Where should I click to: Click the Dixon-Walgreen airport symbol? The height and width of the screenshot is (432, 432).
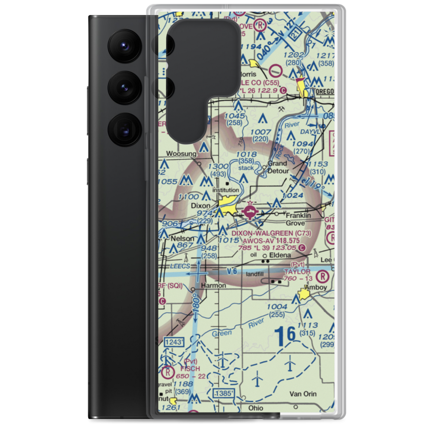pos(250,212)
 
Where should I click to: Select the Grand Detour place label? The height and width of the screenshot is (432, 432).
pos(277,167)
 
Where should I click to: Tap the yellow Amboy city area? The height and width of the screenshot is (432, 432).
pos(305,297)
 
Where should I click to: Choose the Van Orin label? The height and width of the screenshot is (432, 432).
pos(303,394)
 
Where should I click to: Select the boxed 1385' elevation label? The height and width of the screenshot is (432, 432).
pos(223,393)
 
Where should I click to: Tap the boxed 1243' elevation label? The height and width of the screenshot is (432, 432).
pos(174,342)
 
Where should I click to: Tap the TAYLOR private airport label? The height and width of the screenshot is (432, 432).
pos(297,272)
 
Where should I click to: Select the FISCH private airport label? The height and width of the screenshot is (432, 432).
pos(190,368)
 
